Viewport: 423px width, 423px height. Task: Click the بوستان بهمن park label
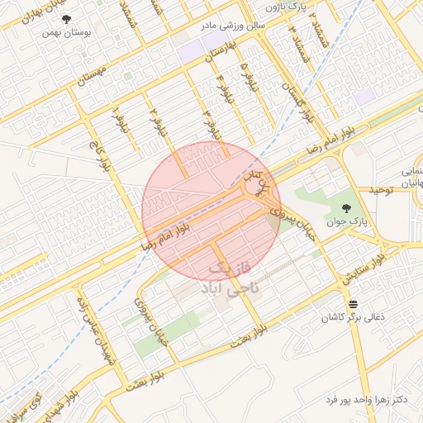click(66, 35)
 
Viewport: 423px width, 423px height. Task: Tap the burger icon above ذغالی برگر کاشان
click(353, 304)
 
